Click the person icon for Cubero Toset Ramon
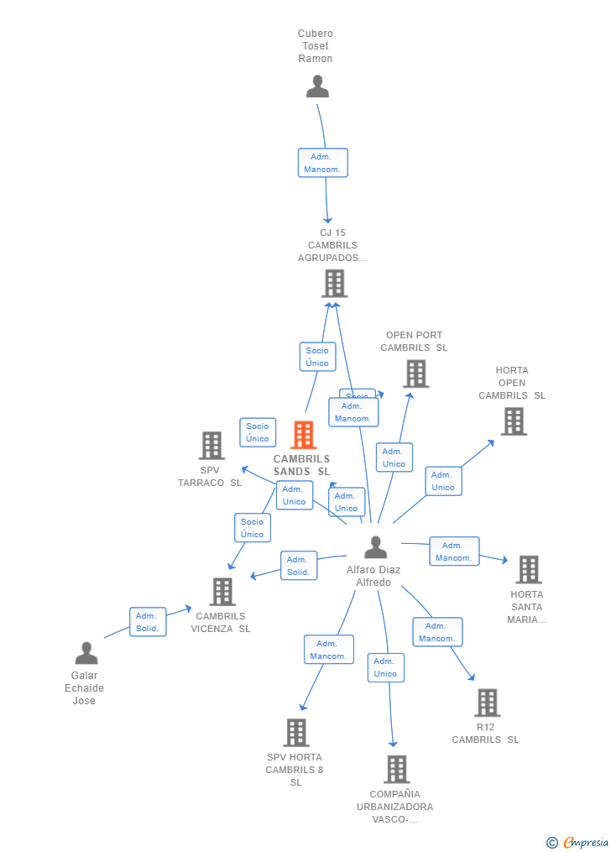click(317, 86)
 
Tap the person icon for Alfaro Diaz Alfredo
click(375, 547)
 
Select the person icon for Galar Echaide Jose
click(86, 653)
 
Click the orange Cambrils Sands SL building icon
click(303, 435)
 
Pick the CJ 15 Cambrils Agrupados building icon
click(334, 284)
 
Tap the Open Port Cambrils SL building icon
click(415, 374)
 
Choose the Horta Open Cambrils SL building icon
click(514, 421)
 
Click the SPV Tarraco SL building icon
click(211, 446)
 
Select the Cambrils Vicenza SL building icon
click(222, 592)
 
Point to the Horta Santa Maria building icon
click(528, 569)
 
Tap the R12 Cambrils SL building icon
click(487, 703)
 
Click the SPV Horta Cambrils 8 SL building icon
click(295, 732)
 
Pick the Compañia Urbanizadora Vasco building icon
click(396, 769)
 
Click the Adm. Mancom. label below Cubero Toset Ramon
click(322, 163)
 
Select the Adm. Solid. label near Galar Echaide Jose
click(147, 622)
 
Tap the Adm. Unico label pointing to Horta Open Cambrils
click(442, 481)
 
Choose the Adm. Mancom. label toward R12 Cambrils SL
click(436, 632)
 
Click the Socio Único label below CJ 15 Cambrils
click(317, 357)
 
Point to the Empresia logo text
click(585, 843)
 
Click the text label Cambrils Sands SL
click(302, 465)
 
